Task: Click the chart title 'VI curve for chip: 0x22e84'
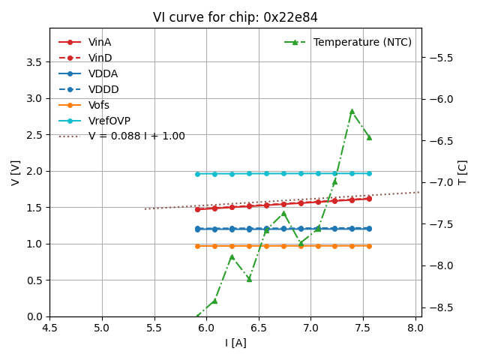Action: (x=235, y=17)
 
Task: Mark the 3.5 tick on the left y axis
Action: (x=34, y=61)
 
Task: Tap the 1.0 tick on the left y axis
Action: (x=34, y=244)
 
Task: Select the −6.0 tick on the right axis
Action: (x=440, y=99)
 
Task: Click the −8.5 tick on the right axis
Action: (x=440, y=307)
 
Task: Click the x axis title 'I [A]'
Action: (x=235, y=343)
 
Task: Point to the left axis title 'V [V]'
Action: (x=15, y=172)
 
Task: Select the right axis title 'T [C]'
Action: (x=463, y=172)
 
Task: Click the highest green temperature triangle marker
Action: (x=352, y=111)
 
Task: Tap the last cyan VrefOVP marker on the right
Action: (x=369, y=173)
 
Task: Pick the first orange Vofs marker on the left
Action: (x=197, y=246)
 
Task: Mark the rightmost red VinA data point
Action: (x=369, y=199)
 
